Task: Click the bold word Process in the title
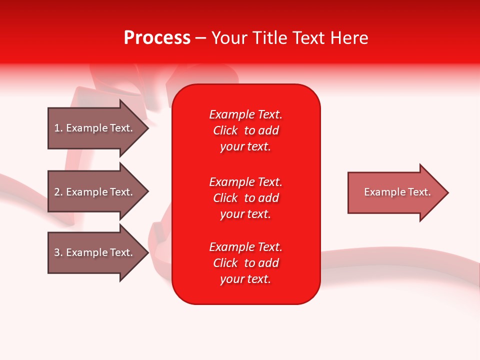tap(157, 38)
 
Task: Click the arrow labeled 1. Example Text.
tap(93, 128)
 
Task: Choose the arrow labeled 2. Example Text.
tap(93, 192)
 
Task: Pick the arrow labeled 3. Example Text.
tap(93, 252)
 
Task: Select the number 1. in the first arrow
tap(58, 128)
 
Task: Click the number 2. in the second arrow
tap(58, 192)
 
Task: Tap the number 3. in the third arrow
tap(58, 252)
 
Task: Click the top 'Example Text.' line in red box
tap(245, 114)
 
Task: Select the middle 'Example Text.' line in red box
tap(245, 181)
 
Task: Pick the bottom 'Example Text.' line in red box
tap(245, 247)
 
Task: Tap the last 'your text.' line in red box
tap(245, 279)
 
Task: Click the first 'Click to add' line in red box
tap(245, 130)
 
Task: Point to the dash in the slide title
tap(200, 38)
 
